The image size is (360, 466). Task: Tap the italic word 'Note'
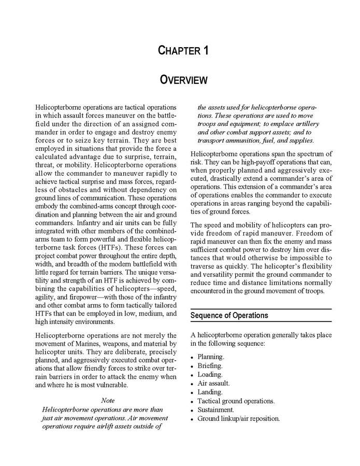point(108,400)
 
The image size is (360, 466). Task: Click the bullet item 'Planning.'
point(211,357)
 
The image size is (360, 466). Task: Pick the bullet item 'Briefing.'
point(210,365)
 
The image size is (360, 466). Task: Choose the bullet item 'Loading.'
point(210,374)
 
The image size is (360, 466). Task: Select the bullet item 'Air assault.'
point(213,383)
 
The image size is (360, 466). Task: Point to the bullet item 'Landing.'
point(210,392)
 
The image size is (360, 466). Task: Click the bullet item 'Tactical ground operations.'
point(236,401)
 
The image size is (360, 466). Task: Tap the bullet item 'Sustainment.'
point(215,409)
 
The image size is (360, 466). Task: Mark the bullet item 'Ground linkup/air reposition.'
point(238,418)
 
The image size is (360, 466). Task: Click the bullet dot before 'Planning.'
point(192,357)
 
